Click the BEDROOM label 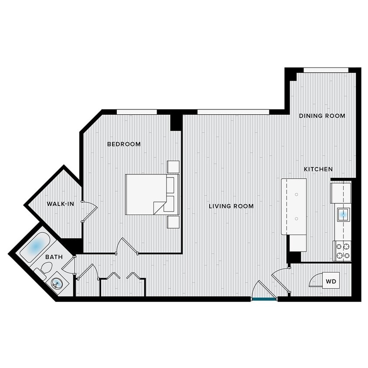coord(124,144)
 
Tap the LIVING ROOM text coord(231,206)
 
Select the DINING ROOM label coord(322,116)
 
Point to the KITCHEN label coord(318,169)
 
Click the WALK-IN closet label coord(60,204)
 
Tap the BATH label coord(54,258)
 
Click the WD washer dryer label coord(331,282)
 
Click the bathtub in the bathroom coord(34,247)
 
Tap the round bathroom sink coord(57,283)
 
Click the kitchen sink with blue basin coord(343,214)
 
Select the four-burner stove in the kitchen coord(342,251)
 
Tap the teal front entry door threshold coord(264,299)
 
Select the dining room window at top coord(326,70)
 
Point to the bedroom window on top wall coord(136,112)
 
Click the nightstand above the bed coord(173,167)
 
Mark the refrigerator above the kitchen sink coord(340,193)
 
